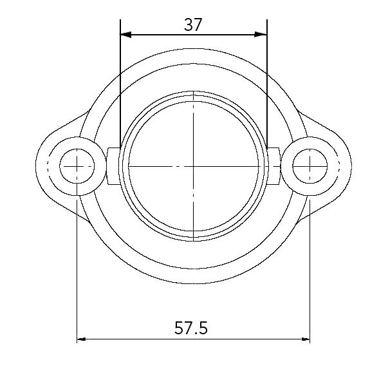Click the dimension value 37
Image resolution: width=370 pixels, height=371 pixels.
tap(193, 24)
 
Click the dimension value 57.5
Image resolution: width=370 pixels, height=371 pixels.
tap(191, 328)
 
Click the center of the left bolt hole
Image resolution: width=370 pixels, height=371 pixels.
tap(77, 166)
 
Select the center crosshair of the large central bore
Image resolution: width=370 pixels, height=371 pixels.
tap(194, 166)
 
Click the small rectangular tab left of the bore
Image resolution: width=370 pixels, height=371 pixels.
tap(113, 166)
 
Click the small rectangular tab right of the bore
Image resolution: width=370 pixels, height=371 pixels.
tap(273, 166)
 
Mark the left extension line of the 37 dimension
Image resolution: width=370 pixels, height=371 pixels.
tap(120, 84)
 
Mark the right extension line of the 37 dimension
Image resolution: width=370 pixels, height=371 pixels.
tap(267, 84)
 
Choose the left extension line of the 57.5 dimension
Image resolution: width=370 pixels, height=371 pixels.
tap(77, 271)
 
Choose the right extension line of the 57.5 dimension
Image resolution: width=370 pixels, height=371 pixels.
tap(310, 271)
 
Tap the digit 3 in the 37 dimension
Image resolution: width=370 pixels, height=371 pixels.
tap(188, 24)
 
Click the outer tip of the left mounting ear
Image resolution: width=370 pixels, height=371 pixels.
tap(37, 166)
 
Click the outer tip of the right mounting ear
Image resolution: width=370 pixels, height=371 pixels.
tap(351, 166)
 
